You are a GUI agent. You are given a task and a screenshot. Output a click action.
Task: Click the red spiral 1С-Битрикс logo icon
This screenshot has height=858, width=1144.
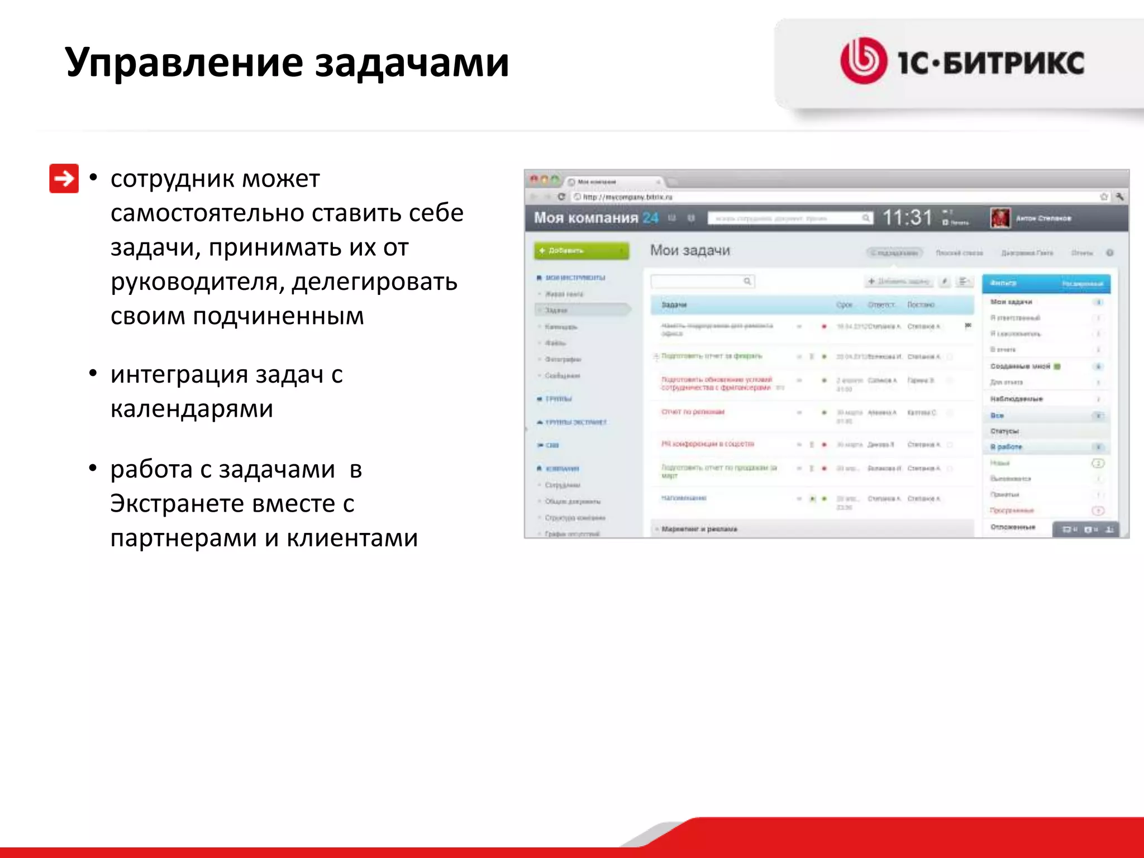click(863, 61)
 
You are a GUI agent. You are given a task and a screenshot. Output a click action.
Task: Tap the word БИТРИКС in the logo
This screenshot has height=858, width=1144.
click(1014, 63)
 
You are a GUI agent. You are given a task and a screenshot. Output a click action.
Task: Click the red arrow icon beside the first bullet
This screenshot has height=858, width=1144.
click(64, 179)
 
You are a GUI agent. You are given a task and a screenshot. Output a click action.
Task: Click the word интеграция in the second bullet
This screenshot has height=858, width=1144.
click(179, 375)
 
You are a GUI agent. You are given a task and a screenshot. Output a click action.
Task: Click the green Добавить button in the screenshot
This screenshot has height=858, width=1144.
click(581, 251)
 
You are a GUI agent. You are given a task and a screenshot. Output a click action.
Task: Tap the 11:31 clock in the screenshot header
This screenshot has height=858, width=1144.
click(907, 218)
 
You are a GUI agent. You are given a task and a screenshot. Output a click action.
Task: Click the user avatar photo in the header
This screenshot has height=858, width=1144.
click(999, 218)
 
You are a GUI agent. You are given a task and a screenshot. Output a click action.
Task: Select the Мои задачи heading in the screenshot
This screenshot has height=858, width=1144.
click(690, 251)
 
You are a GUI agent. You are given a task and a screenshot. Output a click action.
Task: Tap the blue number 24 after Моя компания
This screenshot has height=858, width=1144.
click(650, 218)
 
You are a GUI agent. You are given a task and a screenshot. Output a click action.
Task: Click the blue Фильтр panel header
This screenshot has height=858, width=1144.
click(1046, 284)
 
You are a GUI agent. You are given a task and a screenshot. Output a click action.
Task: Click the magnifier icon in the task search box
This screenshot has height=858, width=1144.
click(747, 281)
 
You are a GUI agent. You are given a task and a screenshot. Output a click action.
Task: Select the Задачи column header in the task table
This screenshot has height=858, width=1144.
click(674, 305)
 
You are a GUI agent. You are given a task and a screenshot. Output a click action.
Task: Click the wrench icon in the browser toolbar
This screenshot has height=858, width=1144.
click(1119, 197)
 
